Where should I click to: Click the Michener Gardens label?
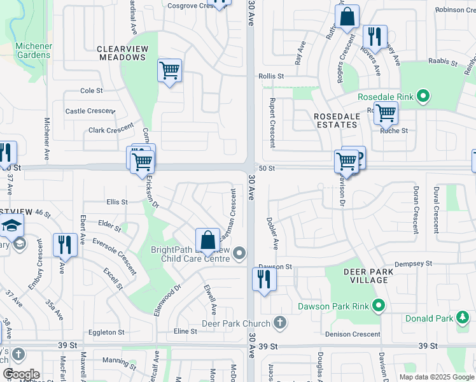click(x=33, y=50)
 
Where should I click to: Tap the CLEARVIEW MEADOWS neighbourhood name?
click(x=123, y=53)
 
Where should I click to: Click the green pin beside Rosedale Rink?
click(x=423, y=97)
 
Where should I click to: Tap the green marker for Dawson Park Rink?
click(x=379, y=306)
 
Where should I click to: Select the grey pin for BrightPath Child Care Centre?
click(x=239, y=254)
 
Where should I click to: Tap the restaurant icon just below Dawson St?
click(x=264, y=279)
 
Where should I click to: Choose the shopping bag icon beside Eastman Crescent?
click(x=207, y=241)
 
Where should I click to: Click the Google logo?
click(x=20, y=374)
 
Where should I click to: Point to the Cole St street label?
click(x=92, y=91)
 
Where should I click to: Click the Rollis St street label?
click(x=271, y=76)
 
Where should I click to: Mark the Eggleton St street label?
click(x=106, y=332)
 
